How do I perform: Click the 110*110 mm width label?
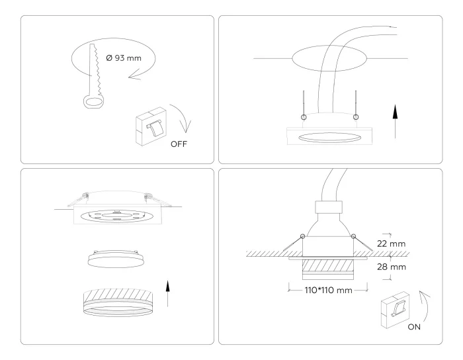[x=328, y=290]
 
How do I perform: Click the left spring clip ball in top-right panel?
[x=304, y=117]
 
